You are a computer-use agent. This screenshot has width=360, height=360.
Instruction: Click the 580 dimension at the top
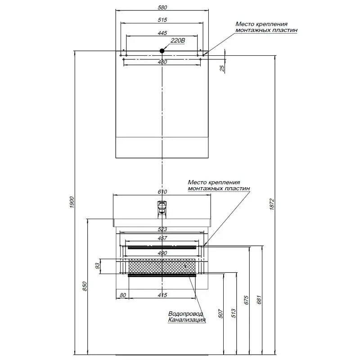[x=163, y=7]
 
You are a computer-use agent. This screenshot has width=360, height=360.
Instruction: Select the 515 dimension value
[x=163, y=20]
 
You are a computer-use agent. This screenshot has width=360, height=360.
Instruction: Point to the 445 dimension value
[x=163, y=32]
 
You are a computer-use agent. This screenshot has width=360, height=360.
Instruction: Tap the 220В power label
[x=178, y=41]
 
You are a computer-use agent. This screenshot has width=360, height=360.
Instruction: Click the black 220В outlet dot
[x=163, y=51]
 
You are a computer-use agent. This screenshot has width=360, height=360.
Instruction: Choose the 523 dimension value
[x=163, y=229]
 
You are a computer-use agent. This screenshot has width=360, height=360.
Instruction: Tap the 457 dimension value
[x=163, y=238]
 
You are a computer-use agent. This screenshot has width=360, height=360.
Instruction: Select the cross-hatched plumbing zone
[x=162, y=266]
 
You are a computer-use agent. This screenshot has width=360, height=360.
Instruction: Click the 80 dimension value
[x=122, y=295]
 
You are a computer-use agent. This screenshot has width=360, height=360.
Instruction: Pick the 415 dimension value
[x=163, y=295]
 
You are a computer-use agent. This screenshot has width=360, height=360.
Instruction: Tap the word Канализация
[x=187, y=320]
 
